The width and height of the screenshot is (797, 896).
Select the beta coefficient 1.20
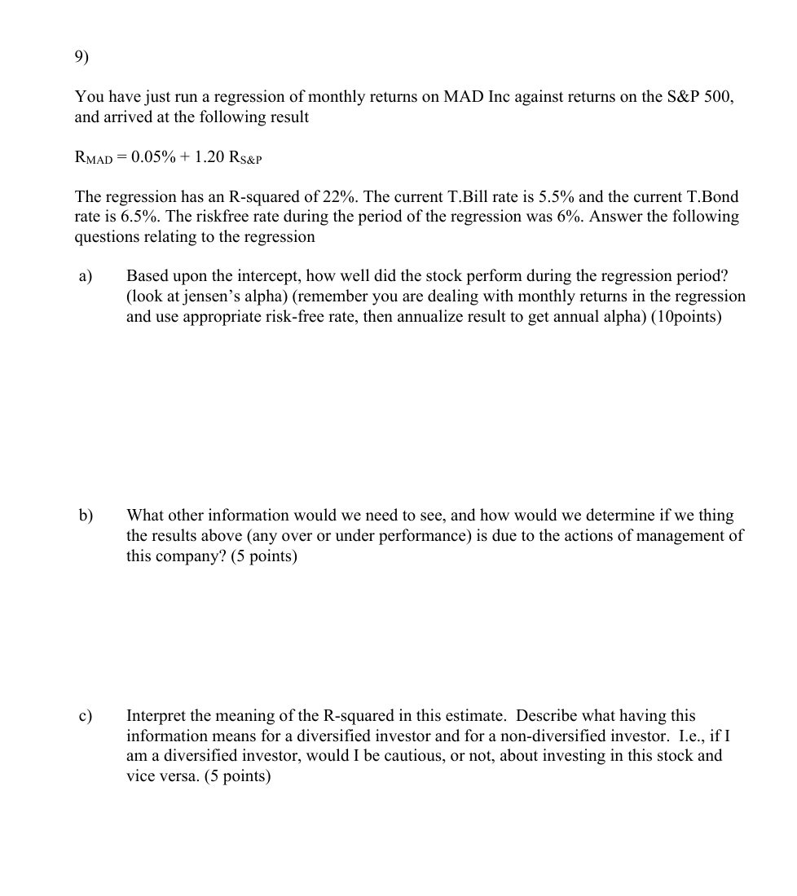(211, 156)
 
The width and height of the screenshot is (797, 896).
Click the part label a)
(86, 276)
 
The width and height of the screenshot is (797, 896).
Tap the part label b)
(86, 516)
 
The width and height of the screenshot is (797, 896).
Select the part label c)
(86, 716)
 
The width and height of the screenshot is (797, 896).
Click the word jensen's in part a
(211, 296)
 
